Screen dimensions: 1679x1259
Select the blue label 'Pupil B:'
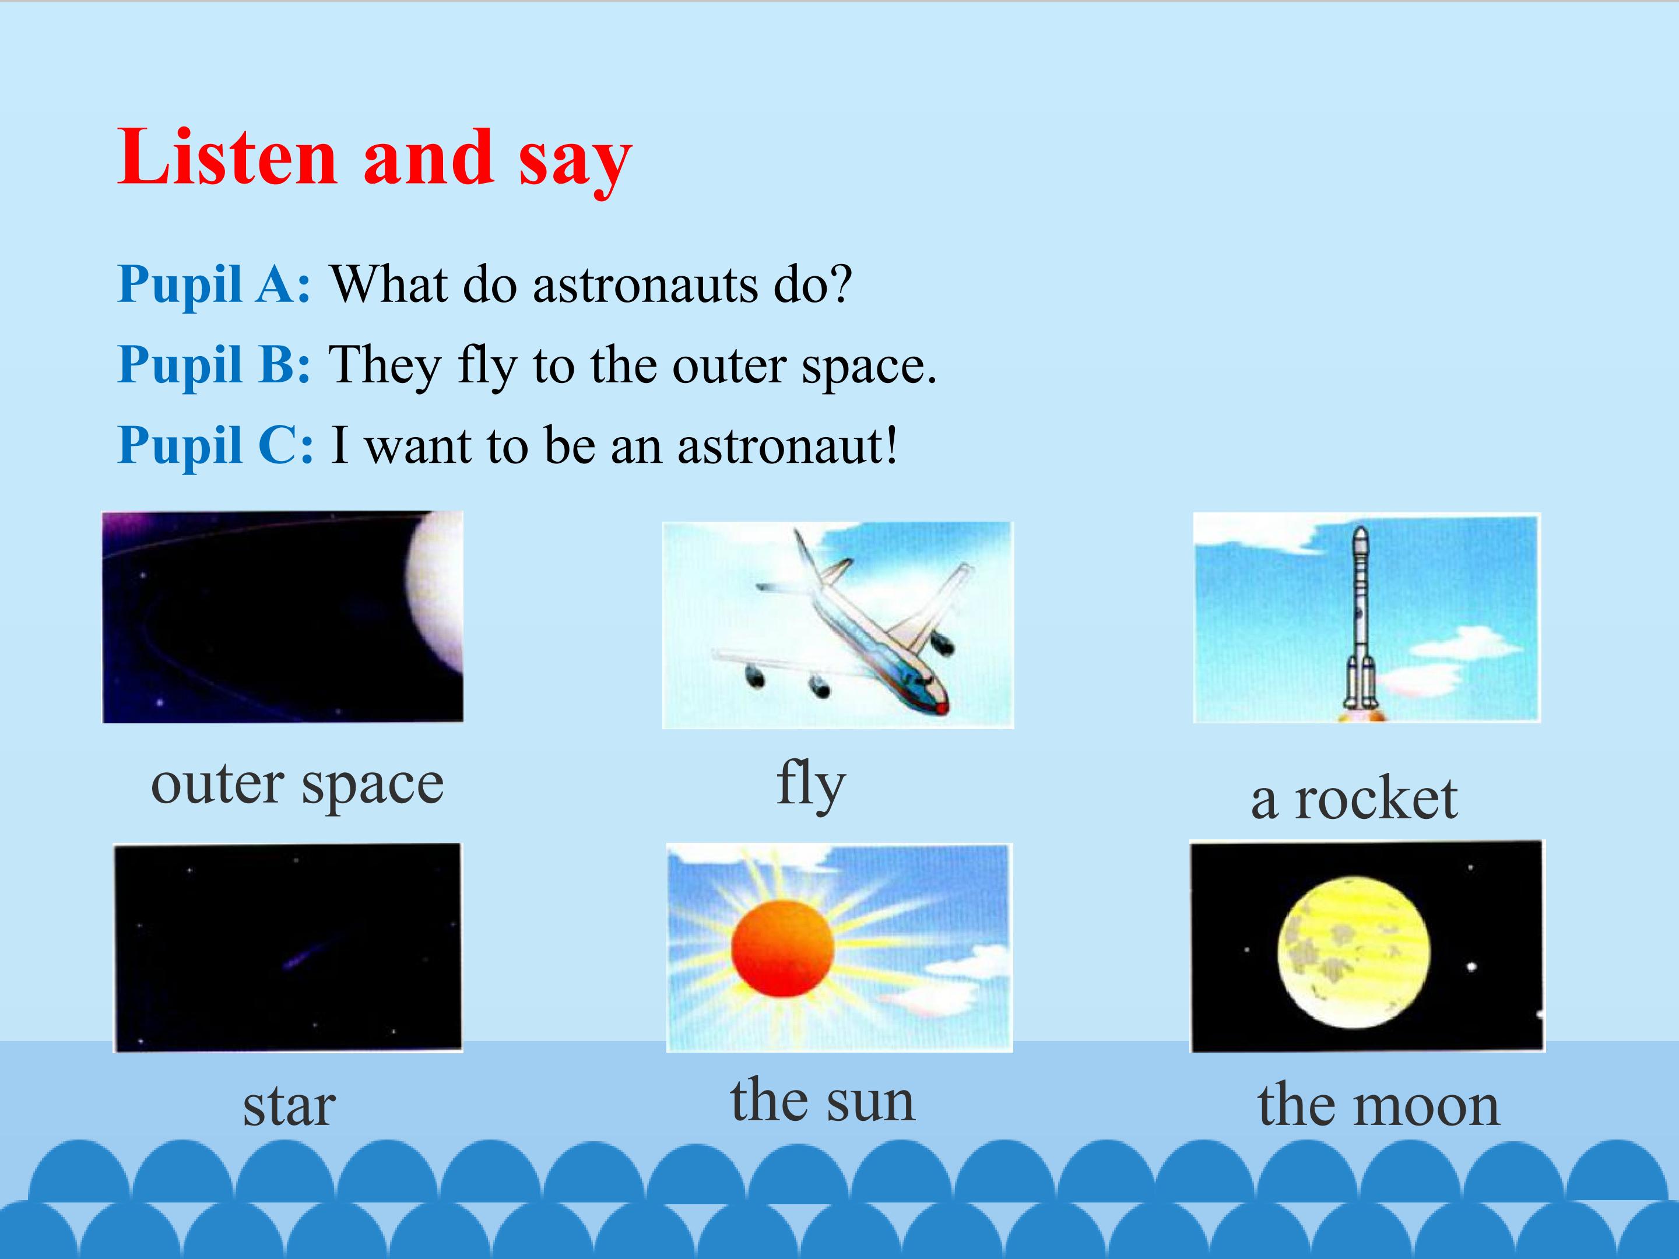coord(214,366)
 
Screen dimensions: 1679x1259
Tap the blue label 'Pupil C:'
coord(216,446)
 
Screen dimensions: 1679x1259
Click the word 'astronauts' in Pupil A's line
coord(646,286)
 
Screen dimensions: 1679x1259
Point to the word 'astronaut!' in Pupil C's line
coord(787,446)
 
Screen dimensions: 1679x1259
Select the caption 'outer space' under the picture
coord(297,786)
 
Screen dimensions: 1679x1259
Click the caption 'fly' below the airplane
coord(811,786)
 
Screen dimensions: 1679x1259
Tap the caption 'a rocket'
coord(1354,799)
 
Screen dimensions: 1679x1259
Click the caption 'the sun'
coord(823,1100)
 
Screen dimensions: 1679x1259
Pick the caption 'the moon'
coord(1378,1105)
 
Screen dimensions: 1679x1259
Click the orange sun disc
coord(782,948)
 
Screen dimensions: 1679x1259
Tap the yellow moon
coord(1353,953)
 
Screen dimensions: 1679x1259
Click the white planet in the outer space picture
coord(435,592)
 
